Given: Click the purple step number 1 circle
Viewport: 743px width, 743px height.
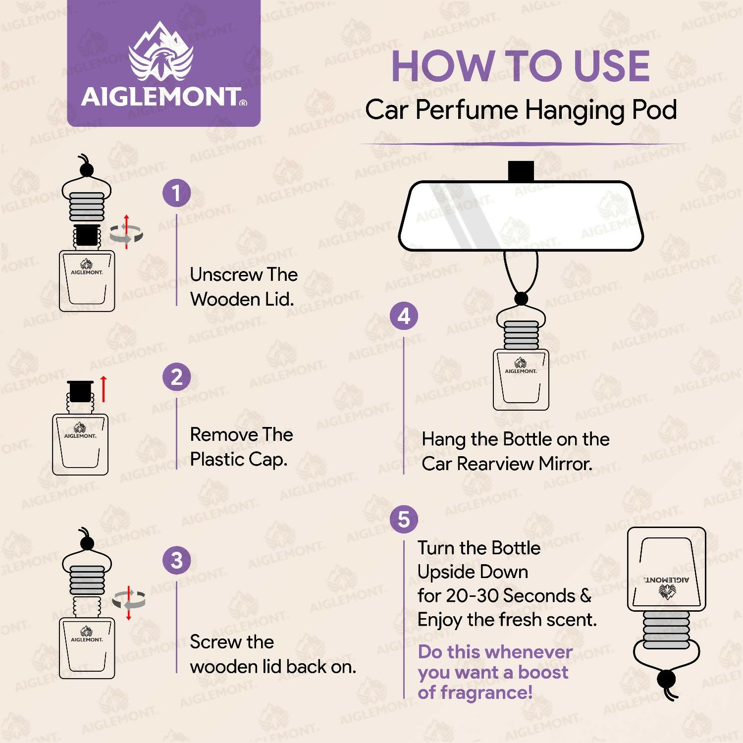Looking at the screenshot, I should (x=176, y=193).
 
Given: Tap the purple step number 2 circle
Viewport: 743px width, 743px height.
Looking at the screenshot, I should (x=176, y=377).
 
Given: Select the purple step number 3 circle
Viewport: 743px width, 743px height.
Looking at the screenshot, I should (x=176, y=560).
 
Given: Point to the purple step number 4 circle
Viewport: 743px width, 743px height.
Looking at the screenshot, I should (x=404, y=316).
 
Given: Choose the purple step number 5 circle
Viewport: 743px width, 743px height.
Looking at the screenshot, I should (x=404, y=520).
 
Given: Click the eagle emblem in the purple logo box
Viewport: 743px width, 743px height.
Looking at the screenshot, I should (x=161, y=54).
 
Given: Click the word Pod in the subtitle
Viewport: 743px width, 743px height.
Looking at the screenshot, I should (x=654, y=110).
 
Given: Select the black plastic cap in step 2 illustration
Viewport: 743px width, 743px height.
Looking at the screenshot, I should (x=80, y=391).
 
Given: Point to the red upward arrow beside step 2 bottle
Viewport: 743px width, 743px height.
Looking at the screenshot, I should (x=104, y=389).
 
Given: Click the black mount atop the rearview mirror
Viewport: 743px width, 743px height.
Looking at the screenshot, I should (x=521, y=171).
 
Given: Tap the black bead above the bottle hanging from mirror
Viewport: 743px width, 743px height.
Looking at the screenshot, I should (x=521, y=299).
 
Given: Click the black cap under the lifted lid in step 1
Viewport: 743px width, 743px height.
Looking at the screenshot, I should (x=87, y=235).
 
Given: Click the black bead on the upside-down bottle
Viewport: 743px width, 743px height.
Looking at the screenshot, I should (x=666, y=679).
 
